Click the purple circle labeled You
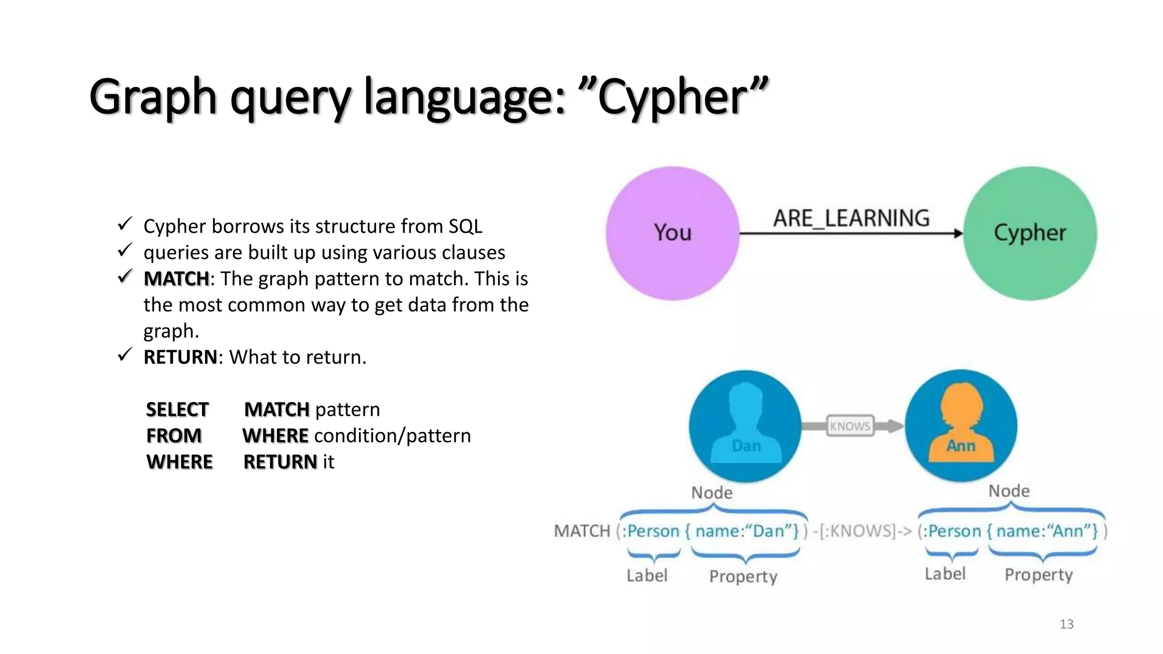672,233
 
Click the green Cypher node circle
1030,233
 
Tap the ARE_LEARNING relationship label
851,218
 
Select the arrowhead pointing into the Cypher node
958,233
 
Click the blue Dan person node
745,426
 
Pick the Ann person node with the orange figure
961,426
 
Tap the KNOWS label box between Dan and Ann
850,426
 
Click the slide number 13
1066,624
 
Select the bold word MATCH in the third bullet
176,279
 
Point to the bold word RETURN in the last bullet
180,357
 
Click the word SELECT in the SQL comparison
177,409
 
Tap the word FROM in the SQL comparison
174,435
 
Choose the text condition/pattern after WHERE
392,435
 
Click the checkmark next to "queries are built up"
125,250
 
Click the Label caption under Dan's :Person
647,576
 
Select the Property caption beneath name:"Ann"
1039,575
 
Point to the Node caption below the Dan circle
712,492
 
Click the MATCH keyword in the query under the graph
581,531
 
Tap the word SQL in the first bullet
465,227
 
